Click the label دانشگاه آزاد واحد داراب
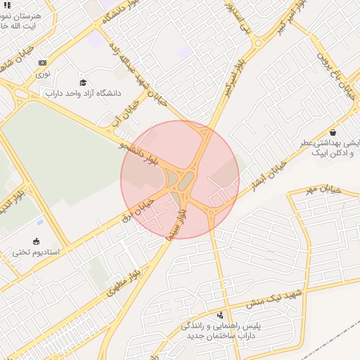[84, 93]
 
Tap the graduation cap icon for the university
[82, 82]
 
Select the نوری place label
[43, 72]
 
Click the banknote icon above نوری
[43, 62]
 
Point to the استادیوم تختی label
[36, 252]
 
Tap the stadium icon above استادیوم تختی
[36, 241]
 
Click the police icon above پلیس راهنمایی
[221, 315]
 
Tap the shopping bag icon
[332, 132]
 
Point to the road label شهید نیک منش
[274, 297]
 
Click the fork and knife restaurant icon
[8, 5]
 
